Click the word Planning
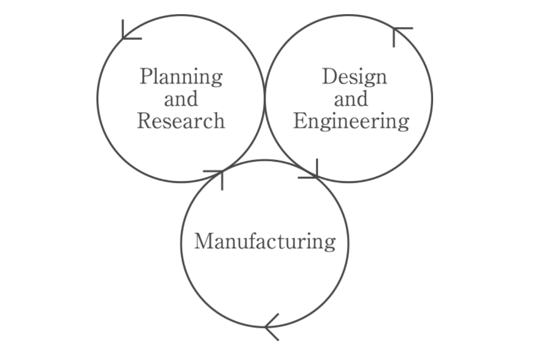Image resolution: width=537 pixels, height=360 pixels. [181, 77]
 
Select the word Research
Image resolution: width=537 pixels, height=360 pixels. [181, 121]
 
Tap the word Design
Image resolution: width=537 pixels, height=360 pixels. [354, 77]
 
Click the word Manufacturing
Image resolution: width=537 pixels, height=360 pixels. [265, 242]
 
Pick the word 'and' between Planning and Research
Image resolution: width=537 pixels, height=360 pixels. [181, 99]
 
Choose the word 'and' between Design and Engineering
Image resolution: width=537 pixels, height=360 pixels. [351, 99]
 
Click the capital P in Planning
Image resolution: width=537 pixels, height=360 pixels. [145, 76]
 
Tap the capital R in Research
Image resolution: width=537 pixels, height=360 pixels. [144, 121]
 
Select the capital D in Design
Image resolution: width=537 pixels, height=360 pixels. [329, 76]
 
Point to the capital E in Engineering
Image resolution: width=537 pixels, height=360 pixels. [299, 121]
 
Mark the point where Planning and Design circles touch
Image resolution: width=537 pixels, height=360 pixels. [265, 99]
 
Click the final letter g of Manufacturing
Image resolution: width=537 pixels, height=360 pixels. [330, 243]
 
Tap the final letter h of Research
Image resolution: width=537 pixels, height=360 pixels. [219, 121]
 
